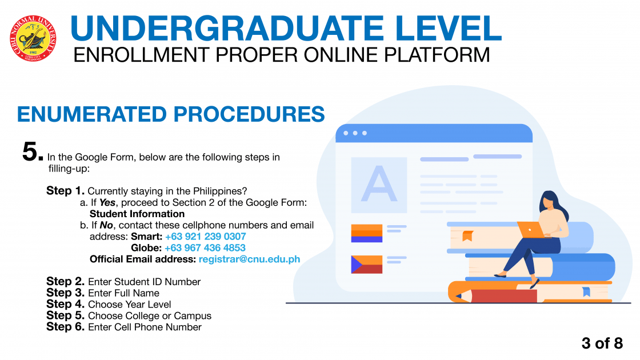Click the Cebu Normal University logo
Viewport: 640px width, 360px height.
(33, 39)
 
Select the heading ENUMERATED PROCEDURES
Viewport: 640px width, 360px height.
(171, 114)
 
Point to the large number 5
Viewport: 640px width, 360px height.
(33, 151)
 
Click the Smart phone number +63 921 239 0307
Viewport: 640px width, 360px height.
(205, 237)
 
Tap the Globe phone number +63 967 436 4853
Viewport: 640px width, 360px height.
(205, 248)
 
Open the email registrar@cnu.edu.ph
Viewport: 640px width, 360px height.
(249, 259)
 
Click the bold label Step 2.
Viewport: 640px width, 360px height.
(65, 281)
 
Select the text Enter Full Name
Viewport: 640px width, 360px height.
(123, 293)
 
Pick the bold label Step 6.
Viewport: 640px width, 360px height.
(65, 326)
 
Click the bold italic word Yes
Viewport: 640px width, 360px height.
(107, 202)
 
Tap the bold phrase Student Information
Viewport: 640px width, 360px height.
(137, 214)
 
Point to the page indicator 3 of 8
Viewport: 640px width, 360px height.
(602, 343)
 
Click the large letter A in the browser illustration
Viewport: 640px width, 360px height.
(379, 184)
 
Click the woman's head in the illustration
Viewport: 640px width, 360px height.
(551, 200)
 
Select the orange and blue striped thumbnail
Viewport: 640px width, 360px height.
(366, 233)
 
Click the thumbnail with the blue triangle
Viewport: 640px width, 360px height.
(366, 265)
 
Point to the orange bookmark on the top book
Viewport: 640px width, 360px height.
(467, 235)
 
